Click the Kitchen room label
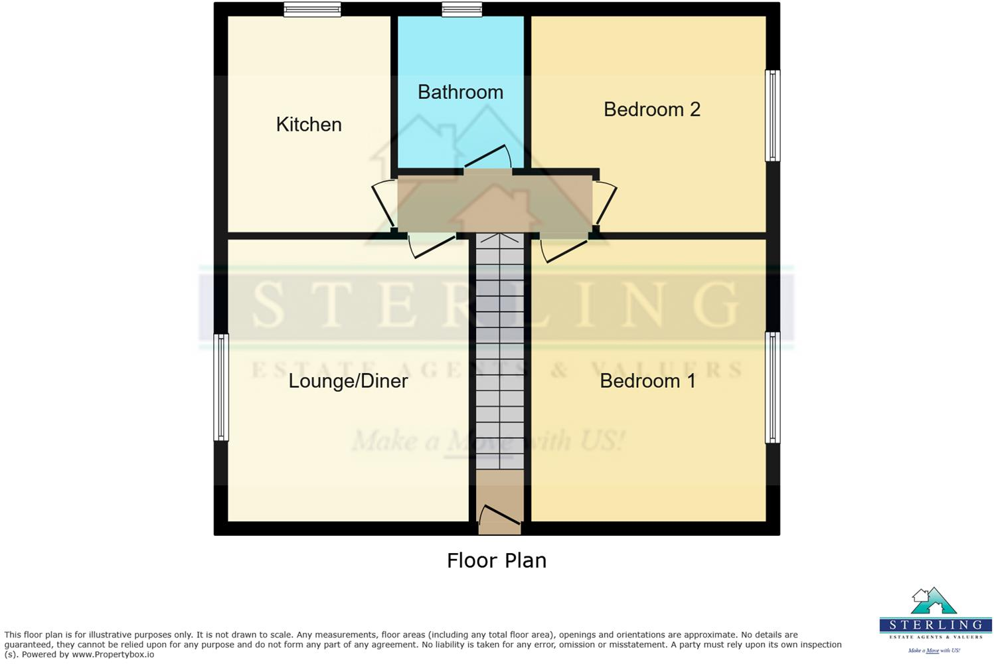point(309,124)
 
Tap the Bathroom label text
point(460,92)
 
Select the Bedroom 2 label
point(651,109)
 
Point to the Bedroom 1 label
point(647,380)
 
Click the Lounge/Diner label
point(348,380)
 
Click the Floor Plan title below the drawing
point(496,560)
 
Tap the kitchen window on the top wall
point(312,9)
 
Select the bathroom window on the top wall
point(461,9)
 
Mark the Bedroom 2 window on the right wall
point(772,116)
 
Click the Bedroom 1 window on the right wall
point(772,387)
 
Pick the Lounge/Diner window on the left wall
point(220,387)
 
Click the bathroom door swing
point(488,158)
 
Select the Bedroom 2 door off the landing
point(605,203)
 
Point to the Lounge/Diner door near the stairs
point(432,245)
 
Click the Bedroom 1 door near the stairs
point(563,249)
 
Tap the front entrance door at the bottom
point(499,518)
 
